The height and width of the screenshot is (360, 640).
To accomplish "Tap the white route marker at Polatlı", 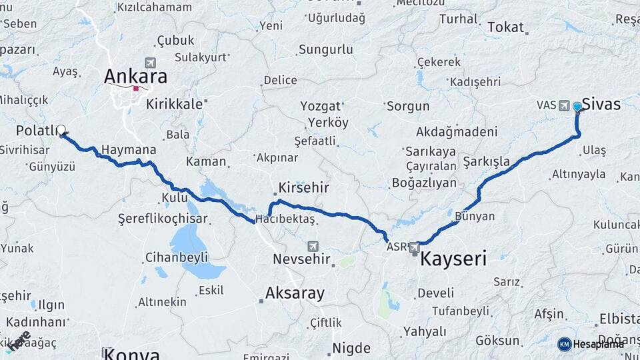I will tap(61, 130).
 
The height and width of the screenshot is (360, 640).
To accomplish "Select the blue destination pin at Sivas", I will tap(577, 106).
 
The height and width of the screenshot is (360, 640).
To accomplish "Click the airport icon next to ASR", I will tap(415, 247).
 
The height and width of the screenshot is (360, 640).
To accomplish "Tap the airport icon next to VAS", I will tap(565, 105).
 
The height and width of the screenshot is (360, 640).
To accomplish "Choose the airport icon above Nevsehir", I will tap(313, 246).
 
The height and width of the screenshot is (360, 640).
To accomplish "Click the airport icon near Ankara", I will tap(149, 63).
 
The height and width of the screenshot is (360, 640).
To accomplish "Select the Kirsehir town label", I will tap(304, 187).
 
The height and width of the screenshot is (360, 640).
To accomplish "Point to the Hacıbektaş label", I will tap(286, 219).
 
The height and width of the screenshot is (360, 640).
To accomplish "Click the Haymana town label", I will tap(130, 151).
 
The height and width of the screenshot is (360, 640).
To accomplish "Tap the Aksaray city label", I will tap(295, 293).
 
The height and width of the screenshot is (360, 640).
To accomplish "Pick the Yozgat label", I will tap(320, 106).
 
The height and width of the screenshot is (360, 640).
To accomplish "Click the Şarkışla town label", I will tap(487, 161).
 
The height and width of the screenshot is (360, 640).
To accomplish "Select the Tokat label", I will tap(506, 27).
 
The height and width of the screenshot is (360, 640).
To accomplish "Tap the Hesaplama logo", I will tap(591, 344).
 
